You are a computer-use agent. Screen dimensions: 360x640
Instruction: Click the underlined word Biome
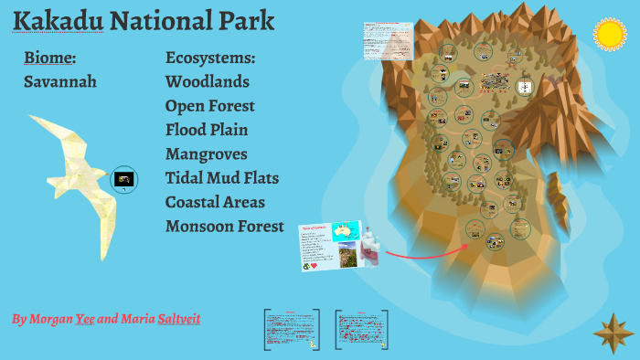[x=49, y=58]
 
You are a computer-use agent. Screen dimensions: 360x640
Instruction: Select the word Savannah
[x=60, y=81]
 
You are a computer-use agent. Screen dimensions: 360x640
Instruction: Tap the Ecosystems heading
[x=210, y=58]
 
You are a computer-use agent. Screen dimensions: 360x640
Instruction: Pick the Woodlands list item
[x=208, y=81]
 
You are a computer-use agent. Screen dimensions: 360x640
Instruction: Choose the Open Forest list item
[x=210, y=106]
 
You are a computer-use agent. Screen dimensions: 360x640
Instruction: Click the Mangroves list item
[x=207, y=154]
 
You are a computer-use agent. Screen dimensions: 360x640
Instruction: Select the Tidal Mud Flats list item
[x=222, y=177]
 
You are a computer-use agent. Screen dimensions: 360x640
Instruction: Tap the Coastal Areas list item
[x=216, y=202]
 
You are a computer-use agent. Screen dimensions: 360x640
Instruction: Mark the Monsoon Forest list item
[x=225, y=226]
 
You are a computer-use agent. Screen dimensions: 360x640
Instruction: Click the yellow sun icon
[x=608, y=34]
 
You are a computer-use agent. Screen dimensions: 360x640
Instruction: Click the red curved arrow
[x=421, y=251]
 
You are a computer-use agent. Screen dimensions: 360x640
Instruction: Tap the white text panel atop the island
[x=388, y=40]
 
